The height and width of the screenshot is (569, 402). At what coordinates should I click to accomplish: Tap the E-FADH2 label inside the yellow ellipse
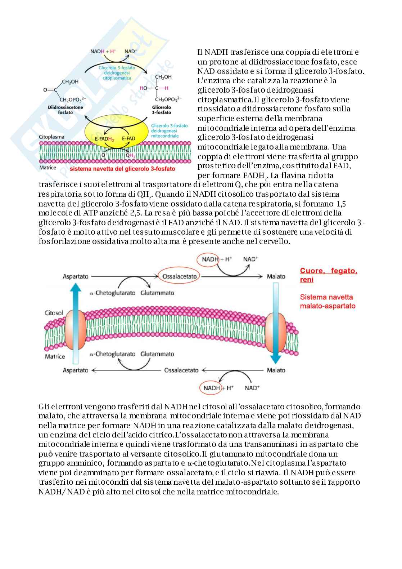[x=104, y=139]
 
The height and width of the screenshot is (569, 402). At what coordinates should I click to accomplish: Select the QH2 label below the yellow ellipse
[x=130, y=156]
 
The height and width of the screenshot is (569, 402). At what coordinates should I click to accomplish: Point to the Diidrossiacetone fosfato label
[x=65, y=110]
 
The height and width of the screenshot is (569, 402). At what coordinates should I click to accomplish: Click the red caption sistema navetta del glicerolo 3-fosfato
[x=122, y=169]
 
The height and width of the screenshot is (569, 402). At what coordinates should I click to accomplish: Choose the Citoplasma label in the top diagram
[x=51, y=137]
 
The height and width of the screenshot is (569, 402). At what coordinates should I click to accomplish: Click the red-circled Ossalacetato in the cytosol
[x=180, y=276]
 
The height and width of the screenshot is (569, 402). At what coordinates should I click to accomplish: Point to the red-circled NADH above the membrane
[x=210, y=259]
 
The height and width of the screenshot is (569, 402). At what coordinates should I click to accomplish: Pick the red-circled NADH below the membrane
[x=212, y=388]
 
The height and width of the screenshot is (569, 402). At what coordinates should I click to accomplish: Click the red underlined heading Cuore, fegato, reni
[x=328, y=275]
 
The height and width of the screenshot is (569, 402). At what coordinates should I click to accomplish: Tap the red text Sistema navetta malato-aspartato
[x=328, y=302]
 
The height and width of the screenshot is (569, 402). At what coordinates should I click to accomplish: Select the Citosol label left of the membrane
[x=54, y=313]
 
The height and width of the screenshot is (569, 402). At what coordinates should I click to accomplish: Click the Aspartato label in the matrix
[x=76, y=370]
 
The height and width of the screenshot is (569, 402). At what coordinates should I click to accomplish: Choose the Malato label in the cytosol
[x=276, y=276]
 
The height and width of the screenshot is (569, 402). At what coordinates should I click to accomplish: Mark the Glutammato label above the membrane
[x=157, y=293]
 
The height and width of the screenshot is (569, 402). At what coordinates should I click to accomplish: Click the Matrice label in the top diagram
[x=48, y=168]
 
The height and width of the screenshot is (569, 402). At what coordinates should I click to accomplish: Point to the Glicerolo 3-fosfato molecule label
[x=162, y=110]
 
